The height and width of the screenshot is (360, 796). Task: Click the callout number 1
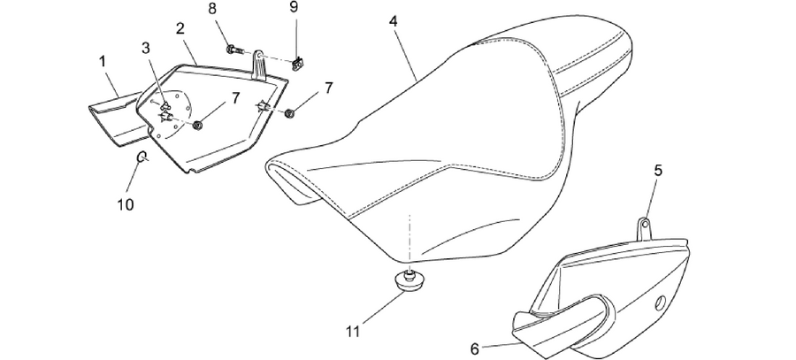tap(103, 62)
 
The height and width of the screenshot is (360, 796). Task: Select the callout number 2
tap(180, 28)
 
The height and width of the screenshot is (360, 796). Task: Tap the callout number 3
tap(146, 49)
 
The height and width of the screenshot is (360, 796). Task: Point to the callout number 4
tap(394, 21)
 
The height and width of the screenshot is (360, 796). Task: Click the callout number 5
tap(658, 171)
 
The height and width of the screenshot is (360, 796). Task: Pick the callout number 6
tap(475, 349)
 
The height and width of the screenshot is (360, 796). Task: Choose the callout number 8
tap(212, 9)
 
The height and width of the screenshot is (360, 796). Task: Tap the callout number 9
tap(294, 6)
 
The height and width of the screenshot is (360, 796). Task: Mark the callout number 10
tap(126, 204)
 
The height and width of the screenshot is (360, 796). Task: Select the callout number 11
tap(353, 332)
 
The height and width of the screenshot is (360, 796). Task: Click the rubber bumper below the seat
tap(409, 281)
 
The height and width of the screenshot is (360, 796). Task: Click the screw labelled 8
tap(235, 50)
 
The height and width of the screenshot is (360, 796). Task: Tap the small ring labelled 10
tap(142, 157)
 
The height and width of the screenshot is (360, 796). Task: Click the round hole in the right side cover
tap(661, 303)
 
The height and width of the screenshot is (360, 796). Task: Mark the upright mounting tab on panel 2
tap(259, 65)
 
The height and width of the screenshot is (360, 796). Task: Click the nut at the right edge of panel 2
tap(290, 112)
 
